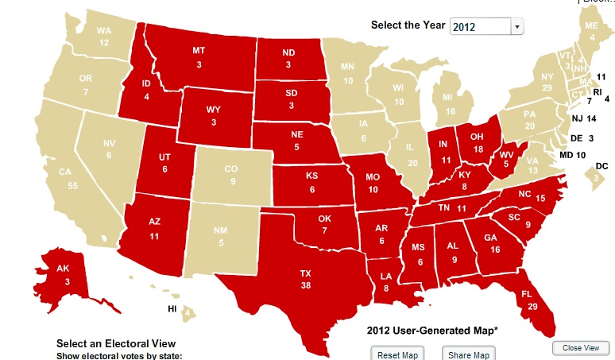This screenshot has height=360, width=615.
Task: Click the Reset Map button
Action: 398,354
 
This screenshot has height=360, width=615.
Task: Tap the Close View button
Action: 581,348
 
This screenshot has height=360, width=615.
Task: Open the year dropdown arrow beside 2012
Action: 517,26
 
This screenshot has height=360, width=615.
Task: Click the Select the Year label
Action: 408,25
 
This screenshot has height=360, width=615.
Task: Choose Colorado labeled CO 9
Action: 231,175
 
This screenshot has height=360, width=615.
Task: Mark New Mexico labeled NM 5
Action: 222,237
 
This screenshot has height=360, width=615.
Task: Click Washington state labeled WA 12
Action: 103,37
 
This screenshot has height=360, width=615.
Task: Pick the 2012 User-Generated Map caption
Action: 432,330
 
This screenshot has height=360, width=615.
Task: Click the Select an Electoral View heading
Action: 116,343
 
